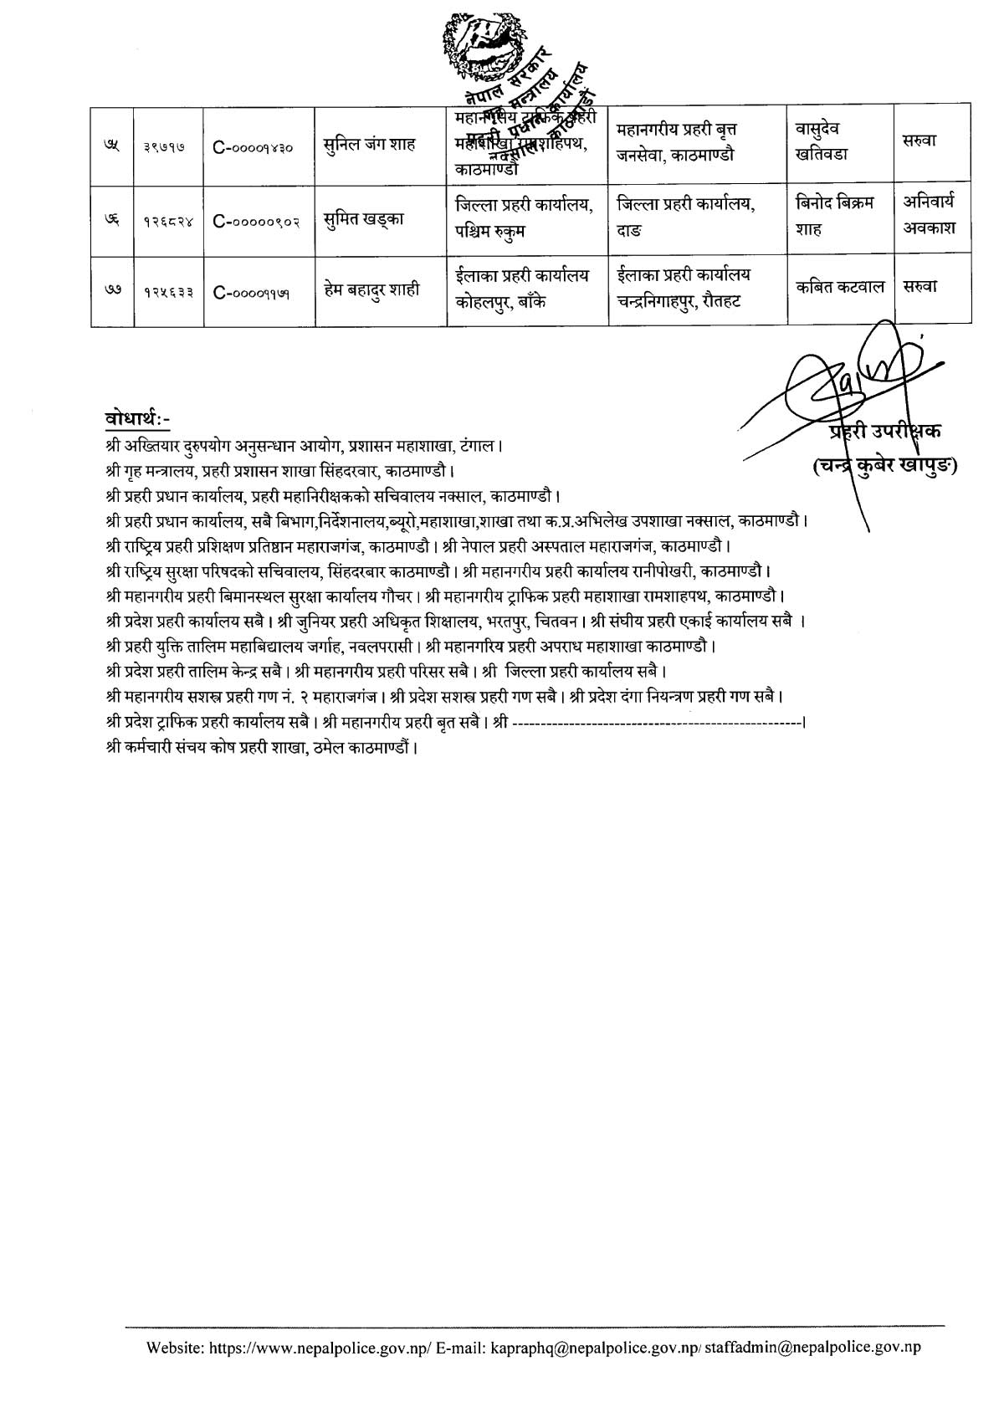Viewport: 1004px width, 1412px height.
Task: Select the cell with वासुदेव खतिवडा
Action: (822, 142)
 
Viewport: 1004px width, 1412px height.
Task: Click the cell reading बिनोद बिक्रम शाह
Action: (834, 215)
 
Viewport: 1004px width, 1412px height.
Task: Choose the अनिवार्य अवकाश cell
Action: (929, 215)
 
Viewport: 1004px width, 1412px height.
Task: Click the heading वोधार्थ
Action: (138, 418)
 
